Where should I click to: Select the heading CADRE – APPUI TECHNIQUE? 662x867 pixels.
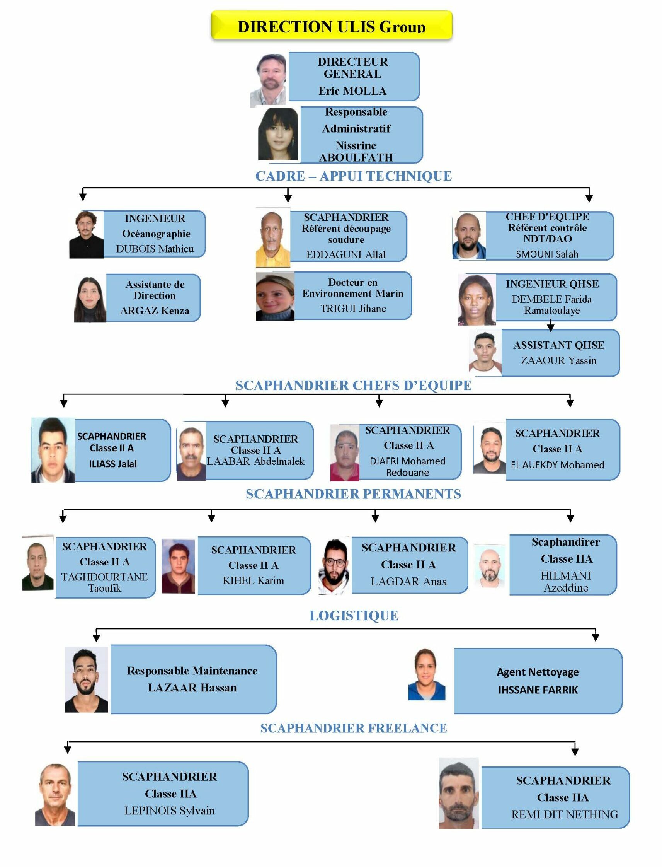click(x=354, y=176)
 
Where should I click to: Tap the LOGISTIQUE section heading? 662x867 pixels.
click(x=354, y=616)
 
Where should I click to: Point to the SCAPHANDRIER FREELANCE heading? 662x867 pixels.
click(x=354, y=728)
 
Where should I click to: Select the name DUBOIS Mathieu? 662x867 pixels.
click(x=155, y=249)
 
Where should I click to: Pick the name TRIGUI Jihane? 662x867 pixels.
click(x=353, y=308)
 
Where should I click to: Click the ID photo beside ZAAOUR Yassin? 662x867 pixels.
click(x=485, y=353)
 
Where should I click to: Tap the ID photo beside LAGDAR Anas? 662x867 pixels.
click(x=334, y=566)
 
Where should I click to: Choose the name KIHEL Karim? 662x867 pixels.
click(x=254, y=580)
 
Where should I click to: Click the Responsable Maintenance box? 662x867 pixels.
click(x=194, y=679)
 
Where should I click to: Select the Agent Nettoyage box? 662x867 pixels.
click(x=538, y=681)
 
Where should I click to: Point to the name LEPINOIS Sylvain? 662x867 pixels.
click(x=169, y=811)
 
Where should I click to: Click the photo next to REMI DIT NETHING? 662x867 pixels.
click(x=459, y=793)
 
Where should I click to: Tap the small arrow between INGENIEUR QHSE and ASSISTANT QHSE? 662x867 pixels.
click(x=551, y=325)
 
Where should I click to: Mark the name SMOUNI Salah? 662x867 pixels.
click(x=547, y=254)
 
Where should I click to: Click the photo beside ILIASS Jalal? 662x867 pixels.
click(x=53, y=450)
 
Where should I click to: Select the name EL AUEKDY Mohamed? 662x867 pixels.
click(x=557, y=465)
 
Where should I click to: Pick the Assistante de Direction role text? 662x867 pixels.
click(x=155, y=290)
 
